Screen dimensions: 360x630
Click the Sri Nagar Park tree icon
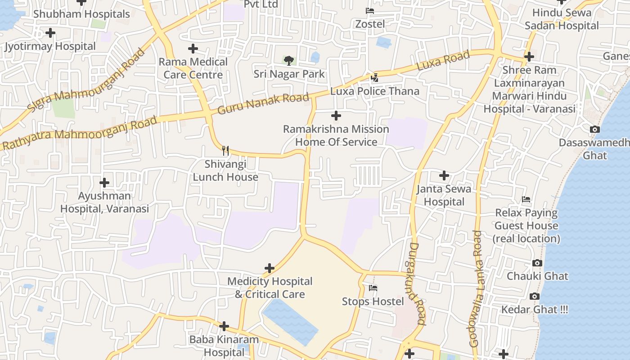click(x=289, y=60)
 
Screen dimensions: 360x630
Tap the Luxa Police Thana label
click(x=374, y=91)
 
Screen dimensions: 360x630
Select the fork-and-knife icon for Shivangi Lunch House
click(x=225, y=151)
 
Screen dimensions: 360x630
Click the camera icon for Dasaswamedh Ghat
click(x=594, y=130)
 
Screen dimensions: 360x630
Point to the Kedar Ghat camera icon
click(x=534, y=296)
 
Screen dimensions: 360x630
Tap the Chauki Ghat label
click(x=537, y=276)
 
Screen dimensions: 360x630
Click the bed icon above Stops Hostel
click(x=373, y=288)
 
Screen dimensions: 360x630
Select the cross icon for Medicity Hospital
click(x=269, y=268)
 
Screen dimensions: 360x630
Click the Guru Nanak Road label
click(x=263, y=103)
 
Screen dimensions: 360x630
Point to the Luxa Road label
click(x=443, y=60)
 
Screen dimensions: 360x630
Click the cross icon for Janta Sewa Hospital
click(x=444, y=175)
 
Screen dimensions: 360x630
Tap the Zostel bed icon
click(x=370, y=11)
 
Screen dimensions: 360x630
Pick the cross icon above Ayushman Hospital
click(x=104, y=183)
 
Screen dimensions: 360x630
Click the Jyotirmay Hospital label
click(x=50, y=46)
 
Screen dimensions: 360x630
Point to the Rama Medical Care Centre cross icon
click(x=193, y=48)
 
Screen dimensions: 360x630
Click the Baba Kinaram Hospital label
click(x=224, y=346)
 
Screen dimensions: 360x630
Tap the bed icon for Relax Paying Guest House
click(x=526, y=199)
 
